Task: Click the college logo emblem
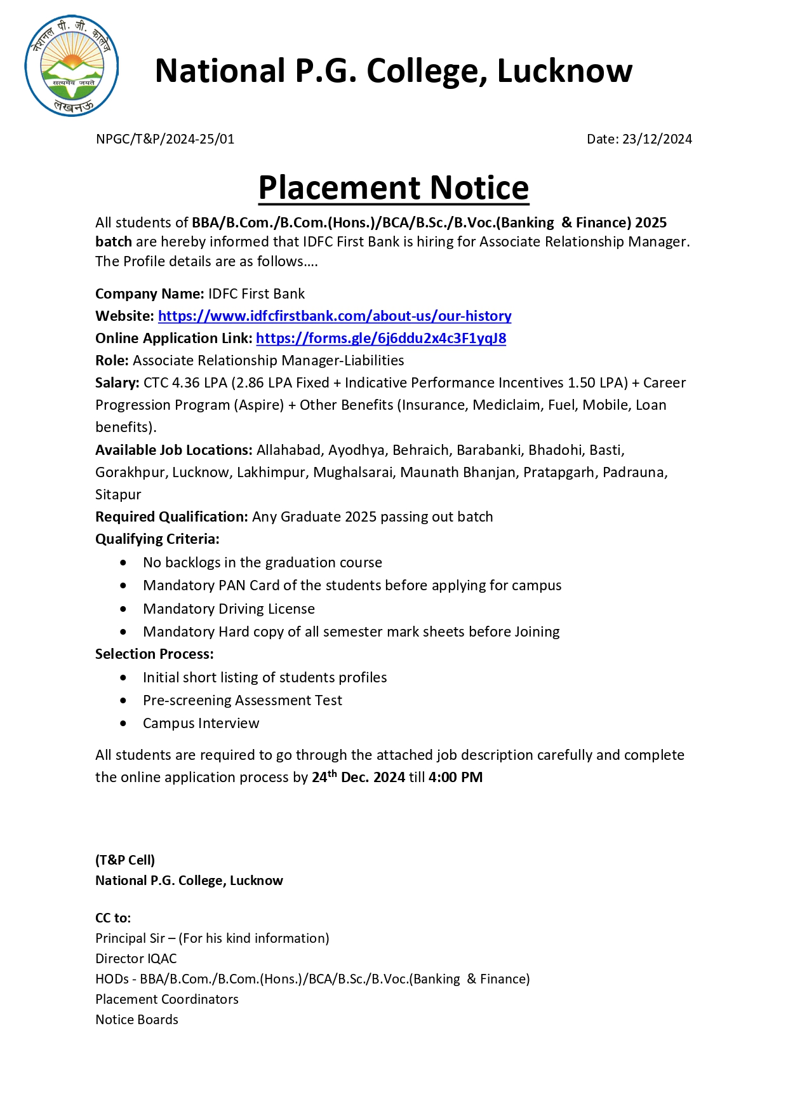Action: click(72, 66)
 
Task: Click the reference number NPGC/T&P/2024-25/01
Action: click(165, 139)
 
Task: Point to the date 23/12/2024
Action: click(657, 139)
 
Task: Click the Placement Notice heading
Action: click(394, 188)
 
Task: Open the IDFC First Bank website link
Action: click(335, 316)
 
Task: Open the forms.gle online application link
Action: click(381, 338)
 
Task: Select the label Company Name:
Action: click(150, 294)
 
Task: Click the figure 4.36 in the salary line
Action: click(185, 382)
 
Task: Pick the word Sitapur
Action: click(118, 494)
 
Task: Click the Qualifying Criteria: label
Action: click(157, 539)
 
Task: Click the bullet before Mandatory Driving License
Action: click(123, 609)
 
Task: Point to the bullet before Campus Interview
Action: click(123, 723)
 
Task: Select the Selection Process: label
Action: click(154, 654)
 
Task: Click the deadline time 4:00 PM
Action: click(455, 777)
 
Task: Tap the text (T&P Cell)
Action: click(125, 860)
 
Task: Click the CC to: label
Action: click(113, 917)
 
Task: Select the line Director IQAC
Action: click(136, 958)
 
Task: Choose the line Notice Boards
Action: click(137, 1019)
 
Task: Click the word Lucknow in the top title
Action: click(564, 71)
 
